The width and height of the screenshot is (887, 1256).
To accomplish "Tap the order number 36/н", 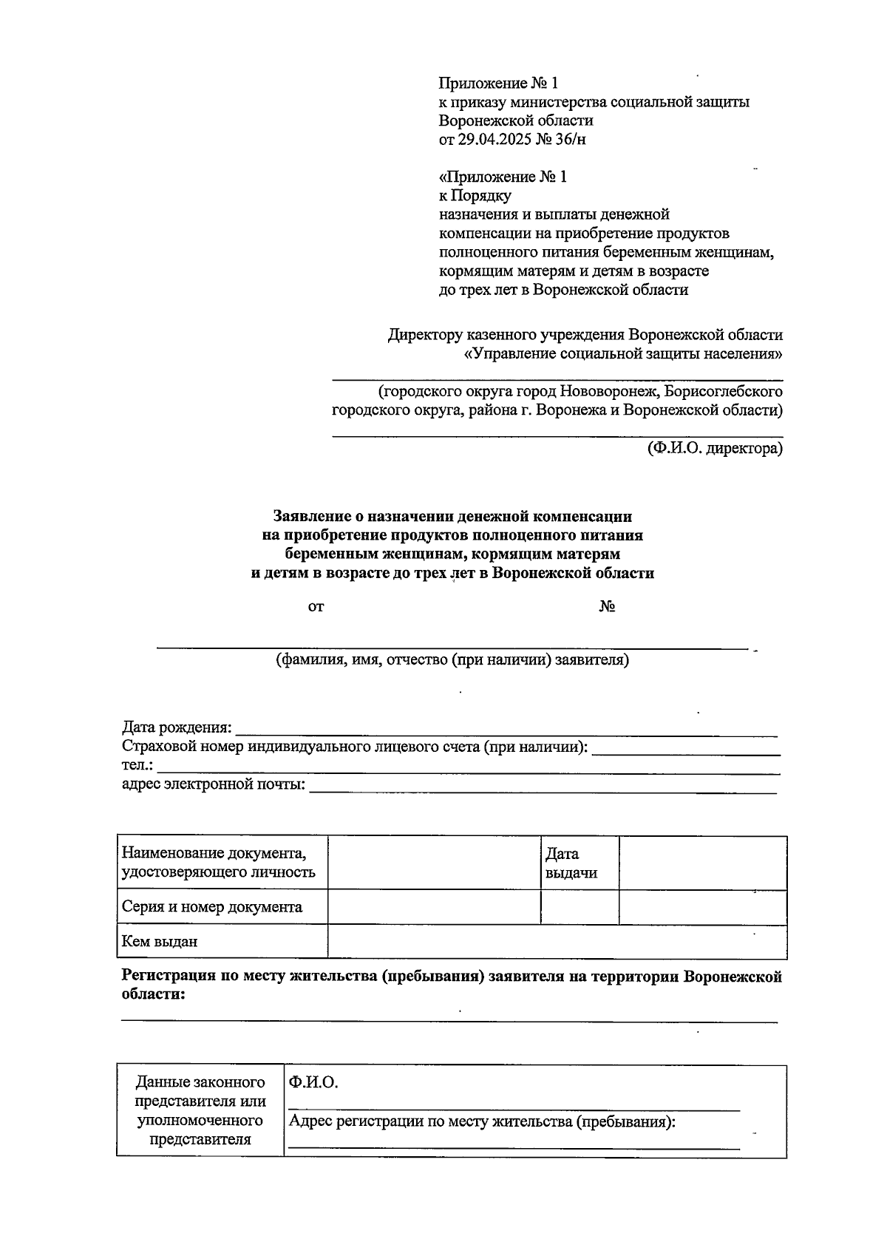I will pyautogui.click(x=571, y=139).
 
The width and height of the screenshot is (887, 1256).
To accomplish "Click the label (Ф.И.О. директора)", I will pyautogui.click(x=714, y=448).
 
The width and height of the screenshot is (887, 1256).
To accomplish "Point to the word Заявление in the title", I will pyautogui.click(x=310, y=515).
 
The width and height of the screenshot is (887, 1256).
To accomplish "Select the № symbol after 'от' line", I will pyautogui.click(x=608, y=607).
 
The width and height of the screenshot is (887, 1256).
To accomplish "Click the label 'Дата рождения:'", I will pyautogui.click(x=177, y=727).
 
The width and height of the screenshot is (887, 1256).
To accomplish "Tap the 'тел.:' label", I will pyautogui.click(x=137, y=765).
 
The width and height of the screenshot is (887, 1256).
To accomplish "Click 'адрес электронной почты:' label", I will pyautogui.click(x=214, y=784).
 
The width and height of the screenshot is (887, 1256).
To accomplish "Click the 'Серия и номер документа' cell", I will pyautogui.click(x=212, y=907).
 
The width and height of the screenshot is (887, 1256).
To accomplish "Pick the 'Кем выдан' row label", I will pyautogui.click(x=160, y=942).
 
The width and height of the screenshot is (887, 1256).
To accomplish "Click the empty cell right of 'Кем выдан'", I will pyautogui.click(x=556, y=942).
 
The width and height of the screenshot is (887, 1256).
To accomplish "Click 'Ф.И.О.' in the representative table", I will pyautogui.click(x=313, y=1082).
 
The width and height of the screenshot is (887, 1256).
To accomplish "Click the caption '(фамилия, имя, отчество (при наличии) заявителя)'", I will pyautogui.click(x=452, y=659).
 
